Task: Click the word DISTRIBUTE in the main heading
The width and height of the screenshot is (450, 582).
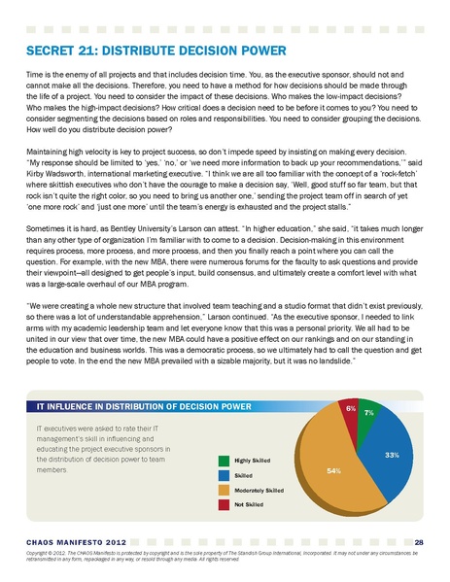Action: [142, 50]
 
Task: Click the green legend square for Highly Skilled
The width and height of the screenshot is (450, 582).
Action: [223, 460]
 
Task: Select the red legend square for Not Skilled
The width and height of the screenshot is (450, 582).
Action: [223, 505]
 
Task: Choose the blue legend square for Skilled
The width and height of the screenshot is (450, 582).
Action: [223, 475]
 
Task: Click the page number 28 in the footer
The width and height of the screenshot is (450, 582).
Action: [417, 540]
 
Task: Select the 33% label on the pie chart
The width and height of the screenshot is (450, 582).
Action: [392, 454]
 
